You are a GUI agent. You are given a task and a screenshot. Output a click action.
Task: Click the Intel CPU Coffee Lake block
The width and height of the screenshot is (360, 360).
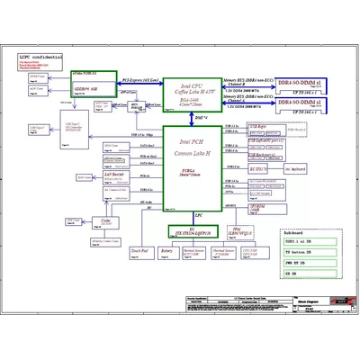(x=193, y=92)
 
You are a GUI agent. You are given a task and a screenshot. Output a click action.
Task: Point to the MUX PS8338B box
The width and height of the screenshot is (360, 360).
(x=137, y=105)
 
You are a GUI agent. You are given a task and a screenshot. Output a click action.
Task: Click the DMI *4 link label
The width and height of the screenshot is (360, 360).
(x=202, y=118)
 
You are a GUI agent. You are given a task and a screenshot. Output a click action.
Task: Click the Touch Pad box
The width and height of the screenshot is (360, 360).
(x=139, y=254)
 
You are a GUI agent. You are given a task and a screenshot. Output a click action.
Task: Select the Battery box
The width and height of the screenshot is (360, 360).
(x=166, y=254)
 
